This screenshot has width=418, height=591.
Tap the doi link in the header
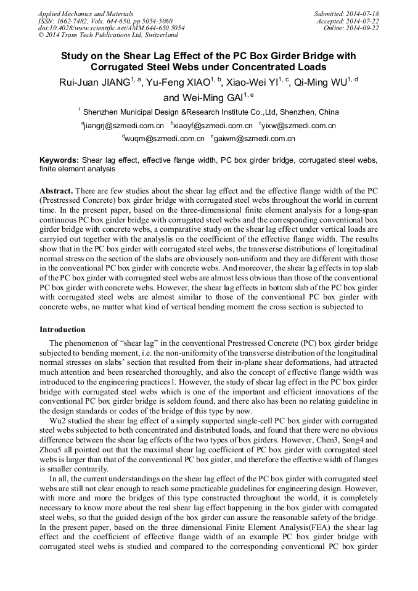pos(112,28)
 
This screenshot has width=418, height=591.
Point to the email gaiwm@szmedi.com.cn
pos(255,139)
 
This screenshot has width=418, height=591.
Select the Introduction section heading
pos(62,330)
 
